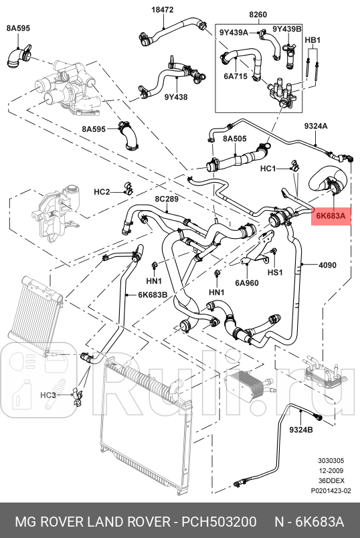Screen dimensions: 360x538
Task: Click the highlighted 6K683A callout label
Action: pyautogui.click(x=331, y=216)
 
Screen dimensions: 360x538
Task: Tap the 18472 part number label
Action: pyautogui.click(x=163, y=10)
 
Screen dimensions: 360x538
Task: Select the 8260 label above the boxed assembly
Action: pyautogui.click(x=258, y=15)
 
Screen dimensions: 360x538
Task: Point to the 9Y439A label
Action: pyautogui.click(x=234, y=32)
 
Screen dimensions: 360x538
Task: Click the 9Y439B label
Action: pyautogui.click(x=287, y=29)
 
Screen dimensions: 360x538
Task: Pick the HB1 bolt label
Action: pyautogui.click(x=312, y=40)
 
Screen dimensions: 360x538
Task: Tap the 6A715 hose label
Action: pyautogui.click(x=236, y=76)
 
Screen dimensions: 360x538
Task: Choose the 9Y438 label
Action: pyautogui.click(x=176, y=97)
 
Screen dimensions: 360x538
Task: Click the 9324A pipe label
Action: pyautogui.click(x=316, y=126)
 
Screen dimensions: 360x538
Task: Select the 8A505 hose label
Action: pyautogui.click(x=235, y=139)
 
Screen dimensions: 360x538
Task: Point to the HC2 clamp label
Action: pyautogui.click(x=102, y=191)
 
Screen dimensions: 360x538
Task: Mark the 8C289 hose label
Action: pyautogui.click(x=167, y=199)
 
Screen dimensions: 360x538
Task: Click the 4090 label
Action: pyautogui.click(x=327, y=265)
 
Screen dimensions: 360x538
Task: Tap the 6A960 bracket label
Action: pyautogui.click(x=247, y=283)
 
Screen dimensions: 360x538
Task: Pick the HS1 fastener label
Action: pyautogui.click(x=275, y=272)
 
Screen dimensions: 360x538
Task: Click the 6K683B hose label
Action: pyautogui.click(x=153, y=294)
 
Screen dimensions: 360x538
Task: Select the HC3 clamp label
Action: pyautogui.click(x=48, y=395)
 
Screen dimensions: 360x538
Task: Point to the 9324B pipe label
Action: pyautogui.click(x=301, y=430)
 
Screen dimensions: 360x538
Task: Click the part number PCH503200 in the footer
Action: pyautogui.click(x=219, y=522)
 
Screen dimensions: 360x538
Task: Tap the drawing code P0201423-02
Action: pyautogui.click(x=331, y=490)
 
